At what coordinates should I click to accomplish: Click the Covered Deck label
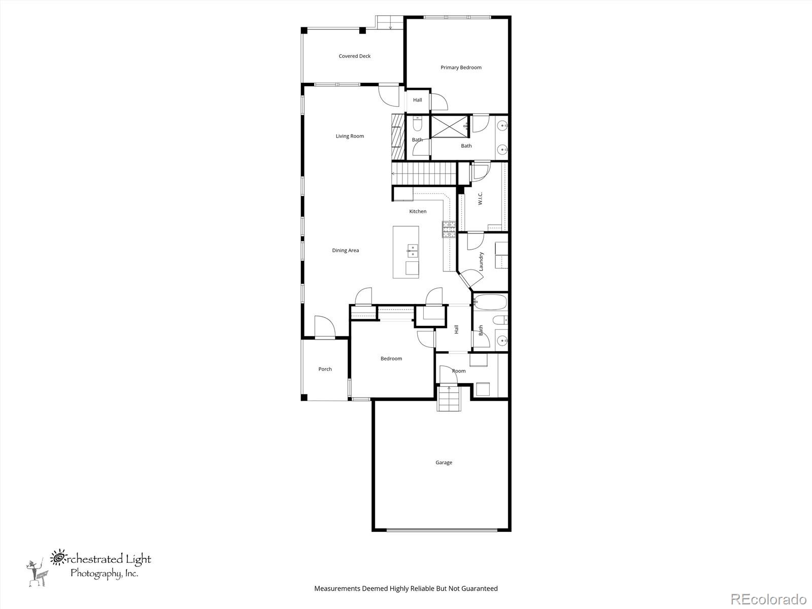pos(354,56)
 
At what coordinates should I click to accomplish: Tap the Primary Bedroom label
pos(461,67)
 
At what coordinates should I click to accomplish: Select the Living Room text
pos(350,136)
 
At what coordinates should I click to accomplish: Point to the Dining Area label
pos(345,250)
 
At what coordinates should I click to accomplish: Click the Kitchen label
pos(418,211)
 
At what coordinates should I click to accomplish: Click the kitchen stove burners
pos(449,230)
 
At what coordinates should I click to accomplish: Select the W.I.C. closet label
pos(480,198)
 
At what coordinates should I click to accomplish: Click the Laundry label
pos(481,261)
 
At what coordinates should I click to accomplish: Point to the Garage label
pos(444,462)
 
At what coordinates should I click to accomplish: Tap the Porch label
pos(325,369)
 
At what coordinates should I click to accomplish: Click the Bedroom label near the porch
pos(391,358)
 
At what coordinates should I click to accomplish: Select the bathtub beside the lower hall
pos(490,302)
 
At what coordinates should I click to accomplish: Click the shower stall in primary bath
pos(449,126)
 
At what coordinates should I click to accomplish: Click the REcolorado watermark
pos(768,598)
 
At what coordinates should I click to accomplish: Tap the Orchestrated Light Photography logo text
pos(101,566)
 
